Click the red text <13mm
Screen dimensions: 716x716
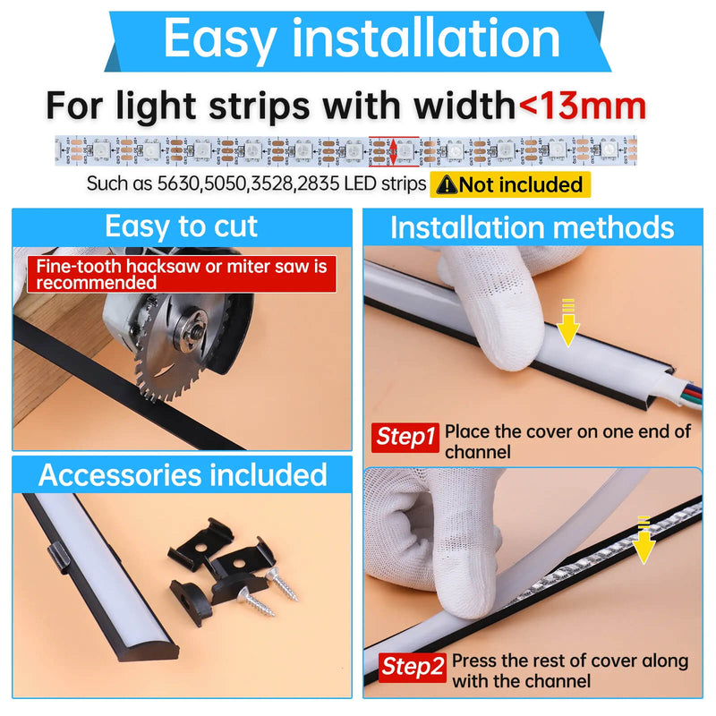pos(582,105)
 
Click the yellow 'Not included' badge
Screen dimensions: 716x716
pos(511,185)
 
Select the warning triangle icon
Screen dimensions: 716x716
pos(445,185)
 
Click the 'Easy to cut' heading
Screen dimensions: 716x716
pos(181,227)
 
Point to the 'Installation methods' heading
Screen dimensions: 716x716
pos(532,227)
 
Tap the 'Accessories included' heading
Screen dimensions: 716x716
pos(183,474)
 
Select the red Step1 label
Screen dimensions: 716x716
pos(405,438)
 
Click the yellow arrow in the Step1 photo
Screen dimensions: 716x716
pos(567,328)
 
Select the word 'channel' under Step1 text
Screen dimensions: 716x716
pos(478,452)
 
